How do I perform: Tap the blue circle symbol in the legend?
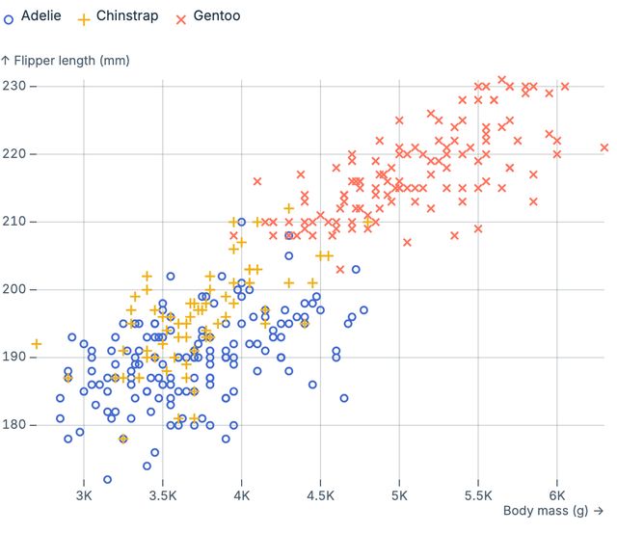[x=10, y=17]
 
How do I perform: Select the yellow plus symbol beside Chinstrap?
[x=84, y=17]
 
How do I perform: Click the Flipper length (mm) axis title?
[x=65, y=61]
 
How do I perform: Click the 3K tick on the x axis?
[x=83, y=495]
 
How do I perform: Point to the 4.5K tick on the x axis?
[x=320, y=495]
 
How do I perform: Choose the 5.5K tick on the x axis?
[x=478, y=495]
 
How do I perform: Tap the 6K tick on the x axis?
[x=557, y=495]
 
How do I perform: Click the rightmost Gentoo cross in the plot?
[x=604, y=147]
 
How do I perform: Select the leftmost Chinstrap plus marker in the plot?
[x=37, y=344]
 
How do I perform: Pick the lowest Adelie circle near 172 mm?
[x=107, y=479]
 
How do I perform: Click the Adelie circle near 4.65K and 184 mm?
[x=344, y=398]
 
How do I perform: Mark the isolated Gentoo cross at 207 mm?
[x=407, y=242]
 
